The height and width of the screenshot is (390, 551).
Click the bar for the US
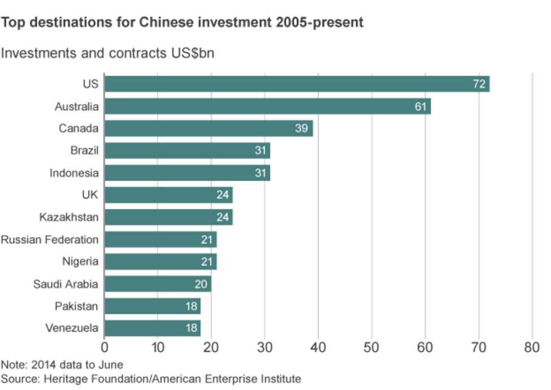pyautogui.click(x=296, y=84)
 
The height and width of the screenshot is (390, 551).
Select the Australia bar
pyautogui.click(x=267, y=106)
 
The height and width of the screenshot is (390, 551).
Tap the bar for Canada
pyautogui.click(x=208, y=129)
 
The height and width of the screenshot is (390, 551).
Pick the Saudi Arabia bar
pyautogui.click(x=158, y=284)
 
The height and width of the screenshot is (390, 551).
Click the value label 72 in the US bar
pyautogui.click(x=479, y=84)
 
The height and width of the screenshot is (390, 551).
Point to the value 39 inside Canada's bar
pyautogui.click(x=301, y=129)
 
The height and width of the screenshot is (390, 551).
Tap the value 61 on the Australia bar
pyautogui.click(x=420, y=106)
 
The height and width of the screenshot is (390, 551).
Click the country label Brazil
pyautogui.click(x=84, y=151)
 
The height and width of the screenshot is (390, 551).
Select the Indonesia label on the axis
pyautogui.click(x=73, y=173)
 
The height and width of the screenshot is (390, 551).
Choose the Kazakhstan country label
pyautogui.click(x=68, y=217)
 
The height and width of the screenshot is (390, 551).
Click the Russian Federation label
pyautogui.click(x=50, y=240)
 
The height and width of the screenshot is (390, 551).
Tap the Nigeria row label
pyautogui.click(x=80, y=262)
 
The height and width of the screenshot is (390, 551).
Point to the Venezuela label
pyautogui.click(x=72, y=328)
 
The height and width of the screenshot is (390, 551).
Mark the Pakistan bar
pyautogui.click(x=152, y=306)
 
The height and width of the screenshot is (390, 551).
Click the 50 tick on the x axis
pyautogui.click(x=371, y=347)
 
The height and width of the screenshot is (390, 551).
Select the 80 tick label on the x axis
pyautogui.click(x=532, y=347)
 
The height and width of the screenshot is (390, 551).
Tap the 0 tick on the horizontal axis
pyautogui.click(x=104, y=347)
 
